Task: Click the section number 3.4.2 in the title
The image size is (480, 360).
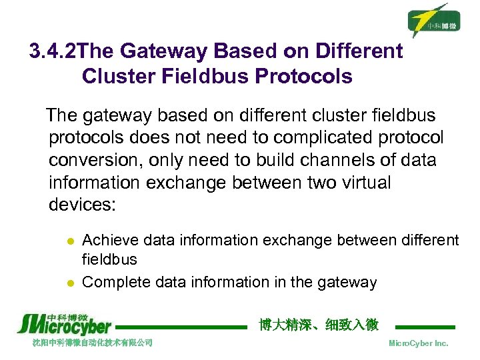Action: coord(53,51)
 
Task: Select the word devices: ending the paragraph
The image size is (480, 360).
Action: coord(82,204)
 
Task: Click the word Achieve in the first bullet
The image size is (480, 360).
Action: coord(110,240)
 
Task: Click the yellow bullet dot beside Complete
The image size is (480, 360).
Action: coord(68,283)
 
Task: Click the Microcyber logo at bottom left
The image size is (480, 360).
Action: coord(64,323)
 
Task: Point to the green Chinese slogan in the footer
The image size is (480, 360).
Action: coord(318,325)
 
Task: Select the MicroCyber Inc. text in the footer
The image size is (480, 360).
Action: coord(418,343)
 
